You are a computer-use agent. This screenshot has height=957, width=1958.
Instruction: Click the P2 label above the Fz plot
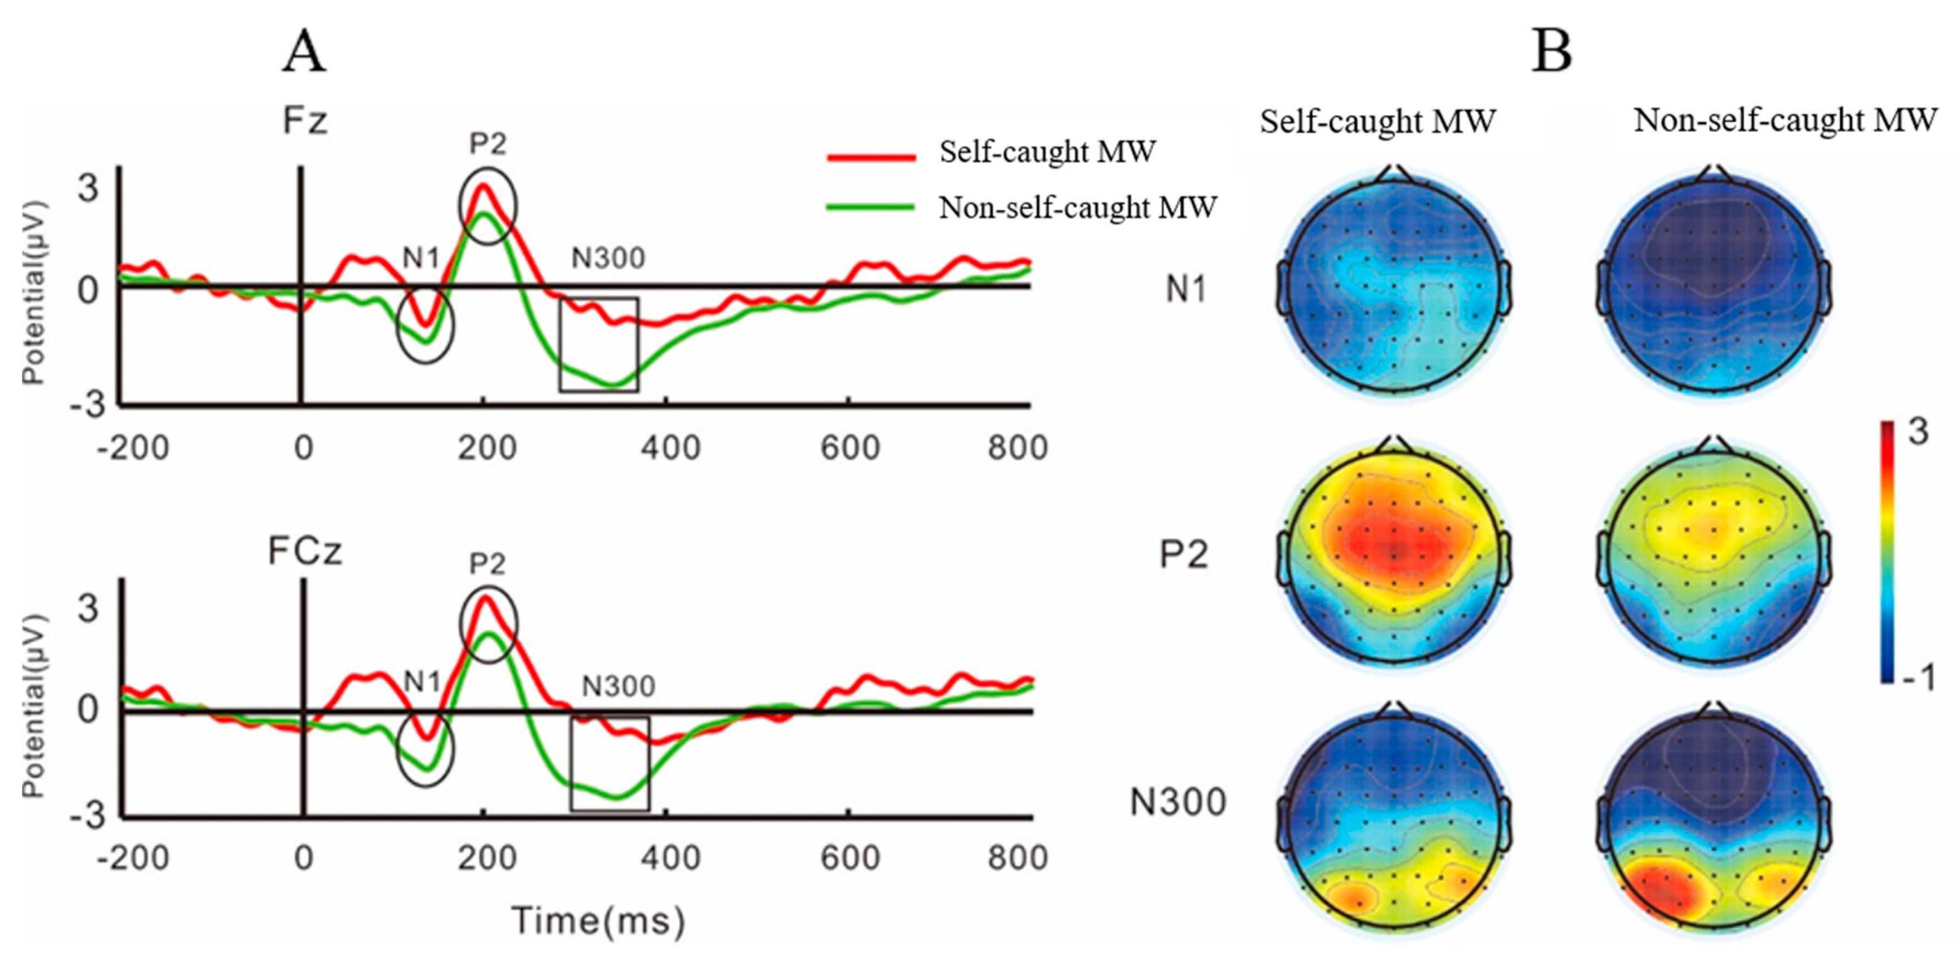[x=487, y=144]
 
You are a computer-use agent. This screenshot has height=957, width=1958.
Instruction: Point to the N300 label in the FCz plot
[x=618, y=686]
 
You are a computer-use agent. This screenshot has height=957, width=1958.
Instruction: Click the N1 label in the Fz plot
[x=421, y=259]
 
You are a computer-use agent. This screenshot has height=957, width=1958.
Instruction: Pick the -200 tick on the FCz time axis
[x=133, y=858]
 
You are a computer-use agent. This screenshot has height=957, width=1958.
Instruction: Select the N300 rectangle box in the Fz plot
[x=599, y=345]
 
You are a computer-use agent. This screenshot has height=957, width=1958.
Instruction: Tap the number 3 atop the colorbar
[x=1918, y=433]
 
